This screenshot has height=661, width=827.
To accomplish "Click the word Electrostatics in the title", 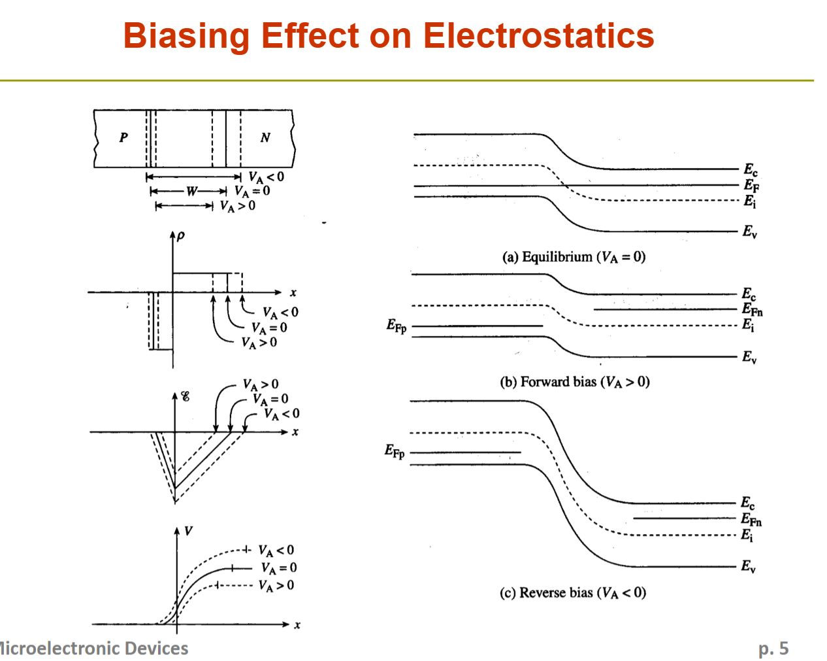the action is [538, 35].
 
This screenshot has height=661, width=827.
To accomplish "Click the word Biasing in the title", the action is [186, 37].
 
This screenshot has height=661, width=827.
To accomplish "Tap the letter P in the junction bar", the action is [123, 137].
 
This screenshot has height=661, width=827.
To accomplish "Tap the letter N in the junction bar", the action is [265, 137].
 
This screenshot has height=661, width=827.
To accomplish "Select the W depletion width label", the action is [192, 191].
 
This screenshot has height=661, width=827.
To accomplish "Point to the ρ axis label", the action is [180, 235].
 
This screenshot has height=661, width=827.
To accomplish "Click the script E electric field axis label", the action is [186, 396].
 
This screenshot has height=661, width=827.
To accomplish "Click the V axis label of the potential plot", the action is [188, 531].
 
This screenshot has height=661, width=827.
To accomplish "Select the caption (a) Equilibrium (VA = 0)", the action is [574, 257].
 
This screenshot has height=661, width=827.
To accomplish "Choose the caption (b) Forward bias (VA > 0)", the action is [574, 382].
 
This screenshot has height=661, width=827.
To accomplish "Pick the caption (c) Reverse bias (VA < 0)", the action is [573, 593].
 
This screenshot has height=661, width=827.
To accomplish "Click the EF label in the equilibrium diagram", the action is [751, 186].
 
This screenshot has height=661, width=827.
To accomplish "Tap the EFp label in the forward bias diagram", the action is [397, 326].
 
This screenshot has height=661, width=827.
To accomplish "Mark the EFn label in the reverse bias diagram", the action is [751, 519].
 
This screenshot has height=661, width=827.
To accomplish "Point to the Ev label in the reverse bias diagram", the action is [749, 566].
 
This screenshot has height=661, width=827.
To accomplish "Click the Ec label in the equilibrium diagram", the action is [751, 169].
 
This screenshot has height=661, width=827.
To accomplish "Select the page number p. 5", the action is [773, 649].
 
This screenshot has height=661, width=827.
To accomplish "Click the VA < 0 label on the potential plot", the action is [276, 551].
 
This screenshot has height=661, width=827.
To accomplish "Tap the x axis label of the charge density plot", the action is [293, 293].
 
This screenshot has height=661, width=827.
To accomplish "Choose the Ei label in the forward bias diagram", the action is [748, 325].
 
